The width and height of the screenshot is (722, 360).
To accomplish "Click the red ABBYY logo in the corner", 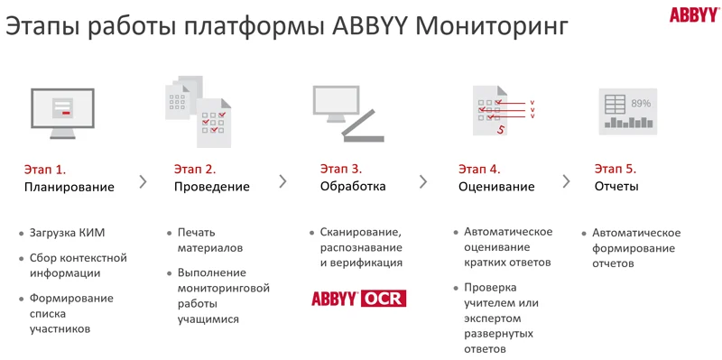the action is [x=694, y=14].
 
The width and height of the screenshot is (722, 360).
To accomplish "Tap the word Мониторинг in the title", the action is [x=491, y=27].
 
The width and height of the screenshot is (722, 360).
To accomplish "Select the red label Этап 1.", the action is [x=45, y=170].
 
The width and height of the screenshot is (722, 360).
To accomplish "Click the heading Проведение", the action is [x=211, y=187].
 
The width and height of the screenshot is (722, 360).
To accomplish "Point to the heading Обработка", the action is [x=353, y=187].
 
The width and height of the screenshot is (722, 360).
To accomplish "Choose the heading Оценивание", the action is [x=496, y=187].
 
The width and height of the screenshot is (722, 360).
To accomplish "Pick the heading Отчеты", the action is [x=616, y=187].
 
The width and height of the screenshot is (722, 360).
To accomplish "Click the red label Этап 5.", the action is [x=616, y=169].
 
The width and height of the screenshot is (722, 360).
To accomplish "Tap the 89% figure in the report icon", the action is [x=641, y=104].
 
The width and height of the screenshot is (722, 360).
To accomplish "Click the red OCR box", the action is [x=384, y=299].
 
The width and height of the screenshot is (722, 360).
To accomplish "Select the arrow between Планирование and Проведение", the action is [x=143, y=182].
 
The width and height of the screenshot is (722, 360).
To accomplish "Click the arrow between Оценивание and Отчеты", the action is [x=566, y=181].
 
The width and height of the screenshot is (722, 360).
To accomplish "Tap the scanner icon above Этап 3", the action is [x=348, y=114].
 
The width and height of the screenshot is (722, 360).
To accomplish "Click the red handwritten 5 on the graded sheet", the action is [x=501, y=130].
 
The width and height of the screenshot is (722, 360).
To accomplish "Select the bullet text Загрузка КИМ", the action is [x=67, y=233].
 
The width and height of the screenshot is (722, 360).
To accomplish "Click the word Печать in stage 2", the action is [x=197, y=233].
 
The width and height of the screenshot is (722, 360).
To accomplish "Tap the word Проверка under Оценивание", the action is [x=490, y=288].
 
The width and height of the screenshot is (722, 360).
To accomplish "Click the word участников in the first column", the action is [x=60, y=329].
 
